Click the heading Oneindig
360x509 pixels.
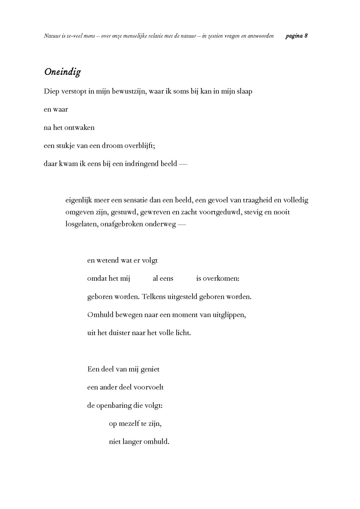pyautogui.click(x=62, y=72)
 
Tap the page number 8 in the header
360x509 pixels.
pyautogui.click(x=306, y=36)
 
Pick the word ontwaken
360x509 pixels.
pyautogui.click(x=79, y=127)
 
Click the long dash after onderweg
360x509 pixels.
pyautogui.click(x=182, y=224)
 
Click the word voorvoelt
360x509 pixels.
pyautogui.click(x=149, y=387)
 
